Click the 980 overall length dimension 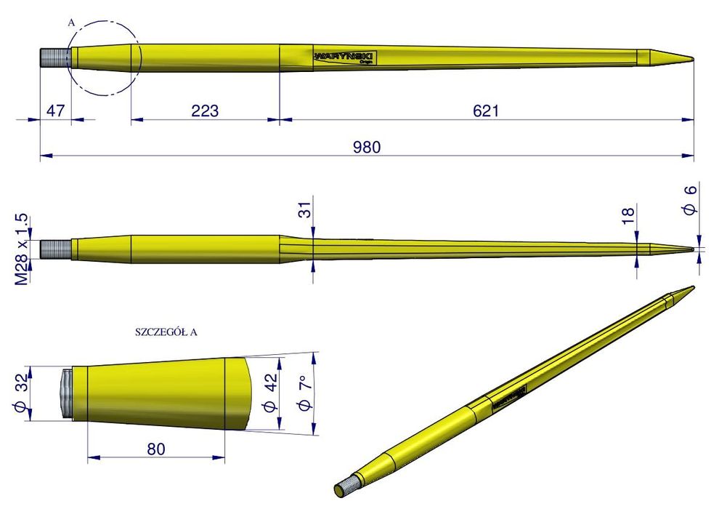click(x=367, y=146)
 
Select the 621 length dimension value click(x=486, y=111)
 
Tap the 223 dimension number click(x=205, y=111)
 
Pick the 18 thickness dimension click(x=629, y=214)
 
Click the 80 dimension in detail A click(x=155, y=449)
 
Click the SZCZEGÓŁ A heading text click(x=167, y=332)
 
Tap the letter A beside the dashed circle click(x=70, y=23)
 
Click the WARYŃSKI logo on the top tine click(x=343, y=57)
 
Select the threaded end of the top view click(x=54, y=57)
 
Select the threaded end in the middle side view click(x=54, y=249)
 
